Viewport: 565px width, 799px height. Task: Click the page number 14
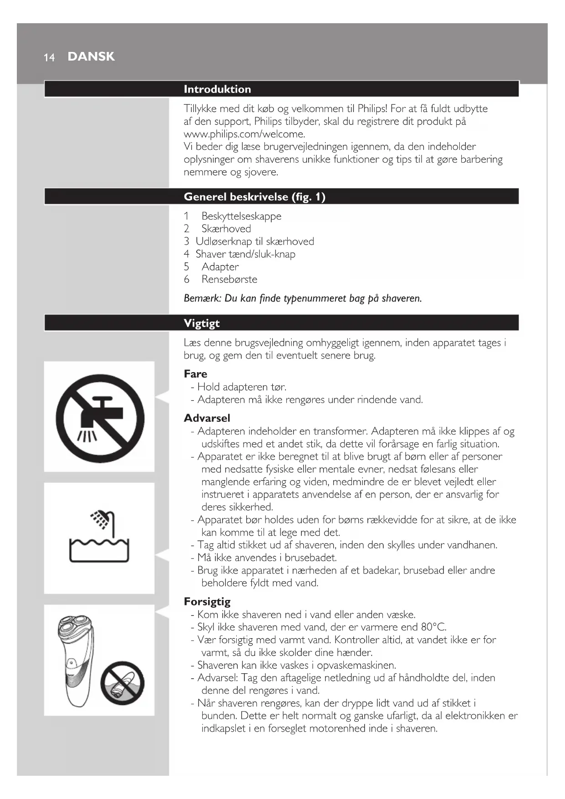coord(49,57)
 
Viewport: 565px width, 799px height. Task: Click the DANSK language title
coord(91,56)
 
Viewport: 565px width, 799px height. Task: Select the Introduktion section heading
coord(217,89)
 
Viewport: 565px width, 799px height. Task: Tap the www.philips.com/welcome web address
coord(244,134)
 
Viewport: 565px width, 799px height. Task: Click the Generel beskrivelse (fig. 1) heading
coord(255,197)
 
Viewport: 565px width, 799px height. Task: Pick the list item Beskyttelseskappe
coord(241,216)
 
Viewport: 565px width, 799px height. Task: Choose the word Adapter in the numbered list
coord(220,267)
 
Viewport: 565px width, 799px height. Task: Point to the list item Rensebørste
coord(229,280)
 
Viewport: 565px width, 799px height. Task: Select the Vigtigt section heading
coord(202,323)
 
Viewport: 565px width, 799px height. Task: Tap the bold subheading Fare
coord(195,374)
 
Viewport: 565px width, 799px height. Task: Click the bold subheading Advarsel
coord(207,418)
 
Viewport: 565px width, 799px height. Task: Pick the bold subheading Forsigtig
coord(207,602)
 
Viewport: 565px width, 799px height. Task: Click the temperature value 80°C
coord(433,627)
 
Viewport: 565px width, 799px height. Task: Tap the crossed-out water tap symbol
coord(100,418)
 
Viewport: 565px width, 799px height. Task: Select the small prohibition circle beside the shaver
coord(122,683)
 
